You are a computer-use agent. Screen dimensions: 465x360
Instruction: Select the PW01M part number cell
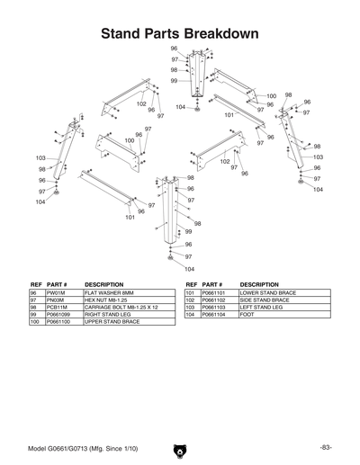point(56,293)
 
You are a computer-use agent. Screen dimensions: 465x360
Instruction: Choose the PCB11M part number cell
point(57,308)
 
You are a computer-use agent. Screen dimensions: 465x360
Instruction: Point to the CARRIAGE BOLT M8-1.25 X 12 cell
point(121,308)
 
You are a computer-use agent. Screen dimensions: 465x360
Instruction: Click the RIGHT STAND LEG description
point(107,315)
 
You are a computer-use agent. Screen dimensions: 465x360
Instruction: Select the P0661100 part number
point(59,322)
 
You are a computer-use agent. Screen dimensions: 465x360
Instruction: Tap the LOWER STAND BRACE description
point(267,293)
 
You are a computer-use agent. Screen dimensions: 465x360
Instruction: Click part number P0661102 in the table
point(215,300)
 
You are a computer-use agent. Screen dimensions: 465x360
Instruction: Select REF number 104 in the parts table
point(190,315)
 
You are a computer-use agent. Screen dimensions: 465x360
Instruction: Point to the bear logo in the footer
point(180,446)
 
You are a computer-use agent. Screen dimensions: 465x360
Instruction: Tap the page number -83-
point(326,447)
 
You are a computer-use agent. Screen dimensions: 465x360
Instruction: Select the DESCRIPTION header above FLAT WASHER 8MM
point(103,284)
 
